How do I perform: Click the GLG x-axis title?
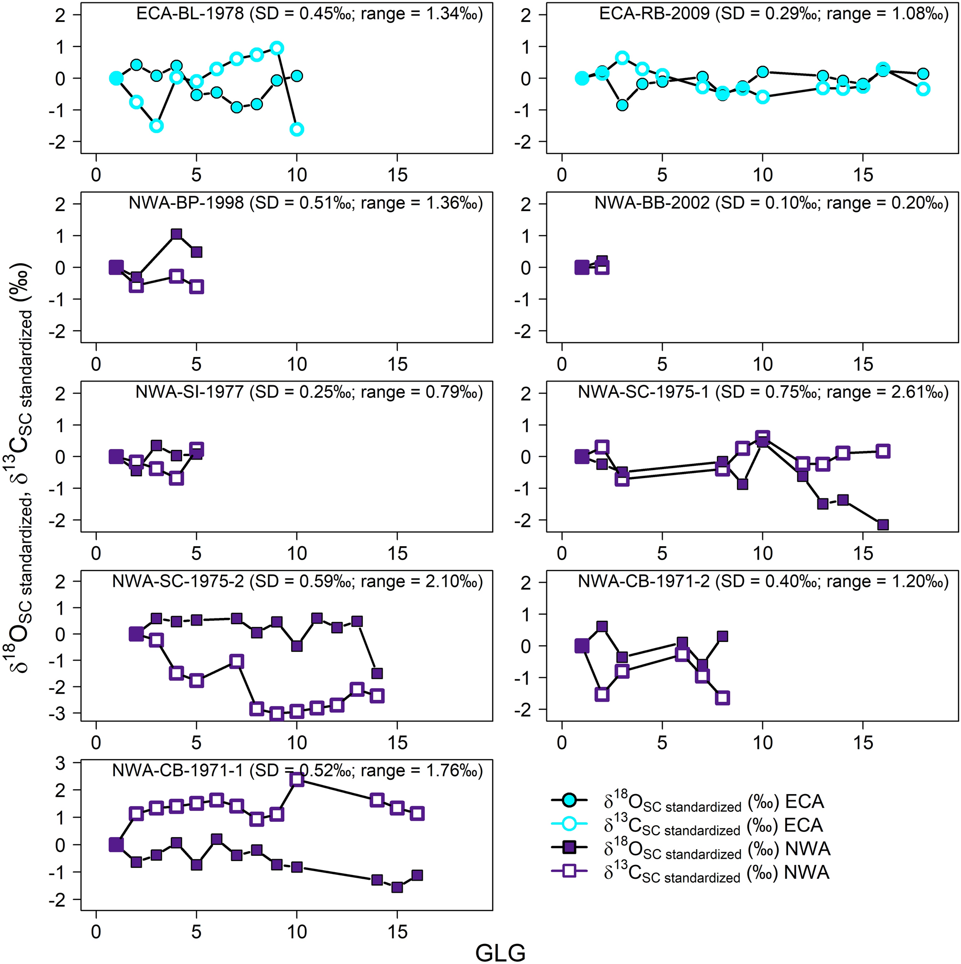tap(500, 952)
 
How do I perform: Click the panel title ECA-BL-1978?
tap(190, 14)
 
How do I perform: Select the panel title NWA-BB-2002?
tap(652, 203)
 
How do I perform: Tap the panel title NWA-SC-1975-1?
tap(643, 392)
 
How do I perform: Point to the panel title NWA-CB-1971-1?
tap(178, 771)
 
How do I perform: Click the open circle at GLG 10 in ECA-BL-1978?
tap(297, 129)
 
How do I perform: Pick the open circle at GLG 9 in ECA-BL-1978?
tap(277, 48)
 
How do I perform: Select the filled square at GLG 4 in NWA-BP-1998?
tap(176, 234)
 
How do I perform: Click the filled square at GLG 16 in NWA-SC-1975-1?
tap(882, 525)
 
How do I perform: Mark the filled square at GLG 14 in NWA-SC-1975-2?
tap(377, 673)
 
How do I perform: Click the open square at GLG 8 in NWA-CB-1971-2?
tap(723, 697)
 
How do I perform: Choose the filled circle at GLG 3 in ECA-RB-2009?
tap(622, 105)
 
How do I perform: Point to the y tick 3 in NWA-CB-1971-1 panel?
tap(60, 763)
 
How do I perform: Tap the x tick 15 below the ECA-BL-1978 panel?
tap(397, 175)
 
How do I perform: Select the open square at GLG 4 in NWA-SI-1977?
tap(176, 478)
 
